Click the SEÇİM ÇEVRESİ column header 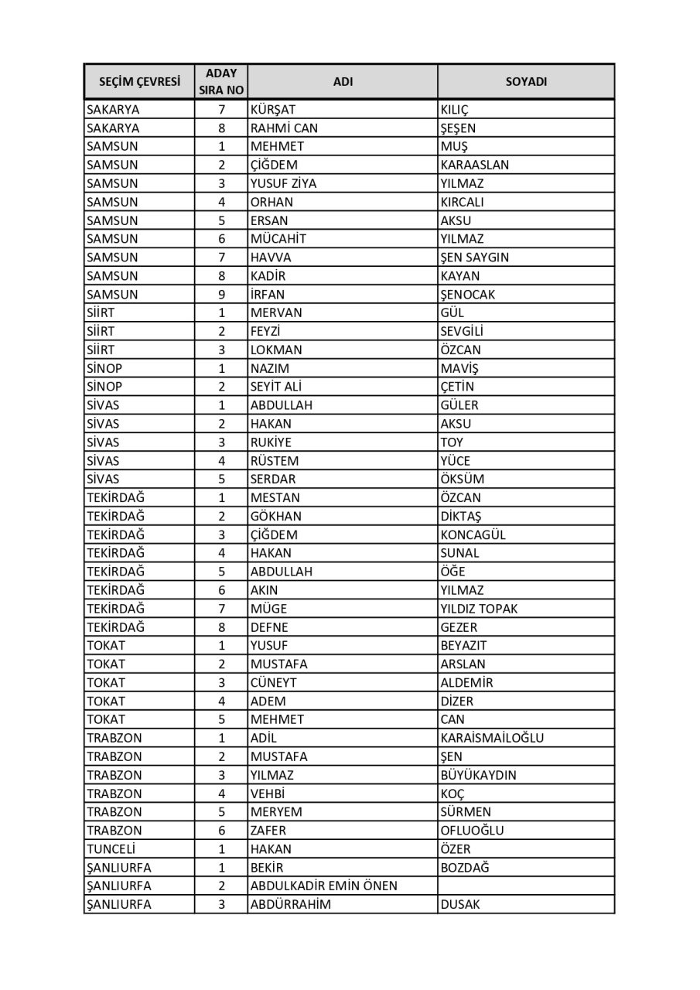(139, 81)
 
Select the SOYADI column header (526, 81)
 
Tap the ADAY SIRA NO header (221, 81)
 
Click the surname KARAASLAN (475, 165)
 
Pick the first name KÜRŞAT (273, 110)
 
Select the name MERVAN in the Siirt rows (276, 313)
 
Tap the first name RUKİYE (271, 442)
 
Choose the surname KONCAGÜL (473, 534)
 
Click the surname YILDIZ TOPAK (479, 609)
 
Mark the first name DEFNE (269, 627)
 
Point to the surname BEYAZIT (464, 646)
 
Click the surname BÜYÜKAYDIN (478, 775)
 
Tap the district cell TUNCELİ (113, 849)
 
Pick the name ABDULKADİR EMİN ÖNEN (324, 886)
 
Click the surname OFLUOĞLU (472, 831)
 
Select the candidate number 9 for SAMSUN (221, 295)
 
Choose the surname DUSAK (460, 905)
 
